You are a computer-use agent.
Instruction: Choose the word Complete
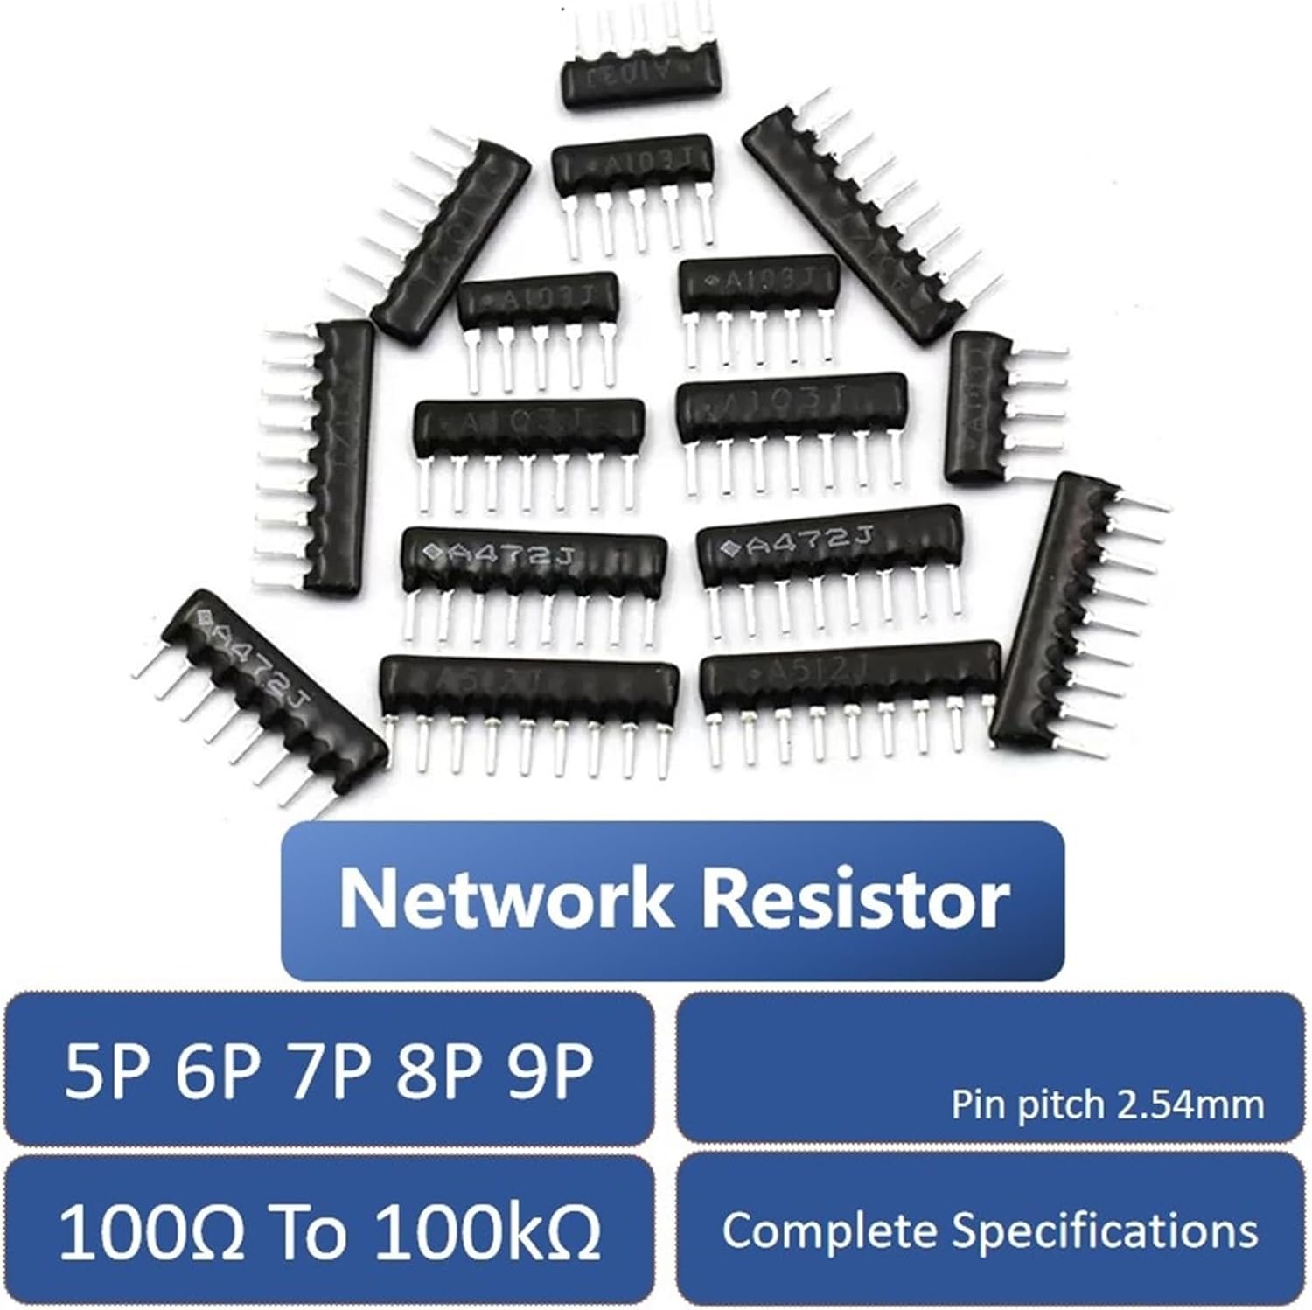pos(830,1231)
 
